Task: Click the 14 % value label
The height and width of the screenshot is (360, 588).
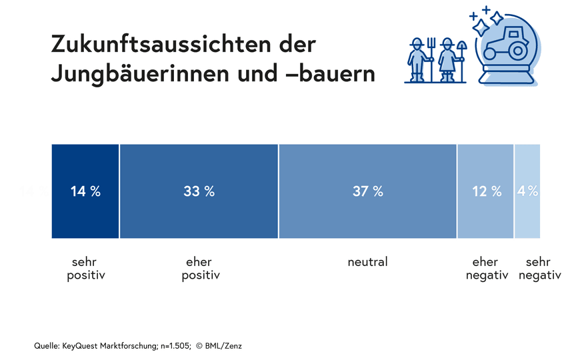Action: (85, 191)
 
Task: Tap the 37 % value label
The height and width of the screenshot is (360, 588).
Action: (368, 191)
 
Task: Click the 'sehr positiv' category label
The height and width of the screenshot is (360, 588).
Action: (86, 269)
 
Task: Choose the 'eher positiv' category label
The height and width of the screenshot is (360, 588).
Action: (201, 269)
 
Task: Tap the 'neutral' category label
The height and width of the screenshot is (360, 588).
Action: (367, 262)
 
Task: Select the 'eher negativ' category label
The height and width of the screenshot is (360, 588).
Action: (487, 269)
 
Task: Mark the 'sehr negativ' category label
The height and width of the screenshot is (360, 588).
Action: (539, 269)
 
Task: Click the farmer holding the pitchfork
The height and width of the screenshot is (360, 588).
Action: (418, 60)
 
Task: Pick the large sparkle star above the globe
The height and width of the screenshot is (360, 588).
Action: (481, 27)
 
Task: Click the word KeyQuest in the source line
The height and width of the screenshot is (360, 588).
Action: (80, 346)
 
